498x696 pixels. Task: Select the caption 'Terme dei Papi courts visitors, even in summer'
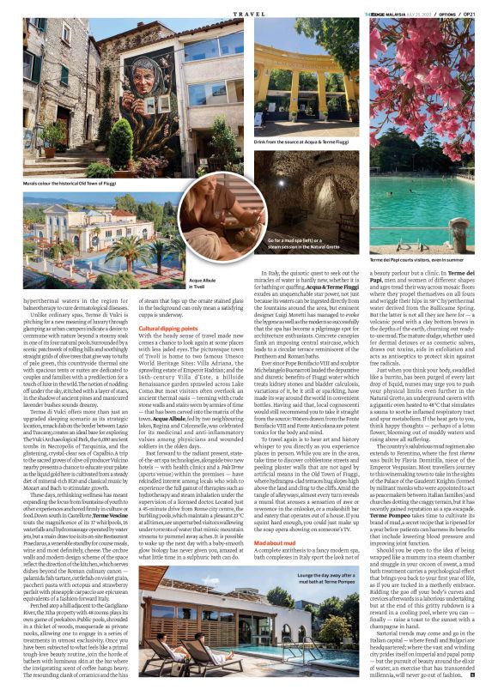click(x=410, y=260)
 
